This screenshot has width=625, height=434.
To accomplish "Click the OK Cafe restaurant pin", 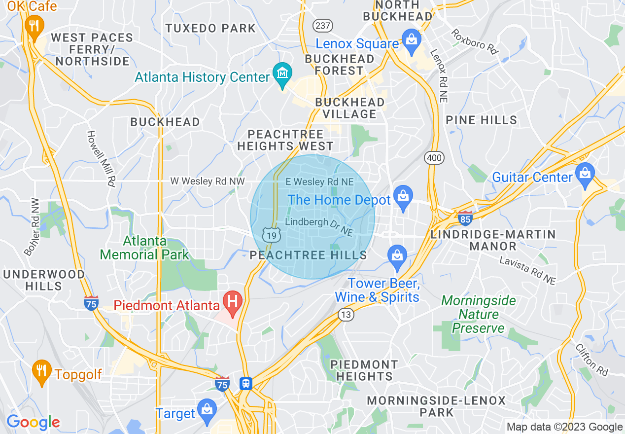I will point(34,24).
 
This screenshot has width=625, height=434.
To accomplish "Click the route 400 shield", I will point(434,158).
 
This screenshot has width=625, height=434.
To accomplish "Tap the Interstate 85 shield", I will point(464,217).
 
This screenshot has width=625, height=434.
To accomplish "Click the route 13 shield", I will point(346,314).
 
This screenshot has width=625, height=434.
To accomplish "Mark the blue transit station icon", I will point(245,383).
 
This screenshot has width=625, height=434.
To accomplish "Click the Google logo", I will point(33,423).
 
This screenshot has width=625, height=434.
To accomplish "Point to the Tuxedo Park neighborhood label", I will point(210,28).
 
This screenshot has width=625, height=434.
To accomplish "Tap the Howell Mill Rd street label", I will point(101,158).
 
